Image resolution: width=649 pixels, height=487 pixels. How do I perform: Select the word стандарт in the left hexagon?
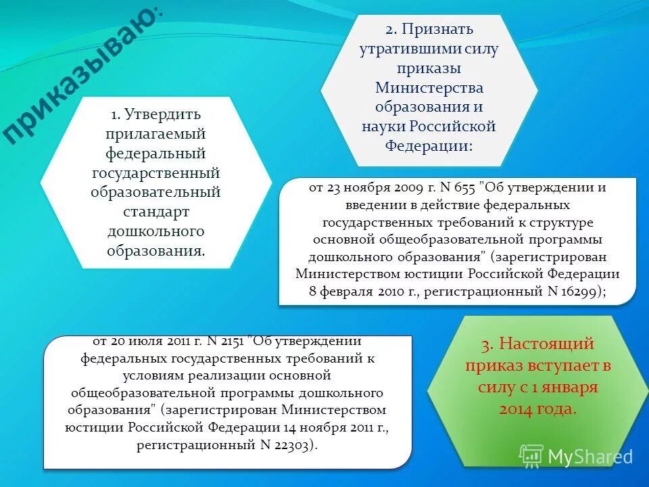point(156,212)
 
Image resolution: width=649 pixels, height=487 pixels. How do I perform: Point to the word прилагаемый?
point(156,134)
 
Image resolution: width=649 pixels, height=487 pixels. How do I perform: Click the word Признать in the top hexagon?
point(439,30)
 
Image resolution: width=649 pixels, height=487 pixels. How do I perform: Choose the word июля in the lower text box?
point(151,340)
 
